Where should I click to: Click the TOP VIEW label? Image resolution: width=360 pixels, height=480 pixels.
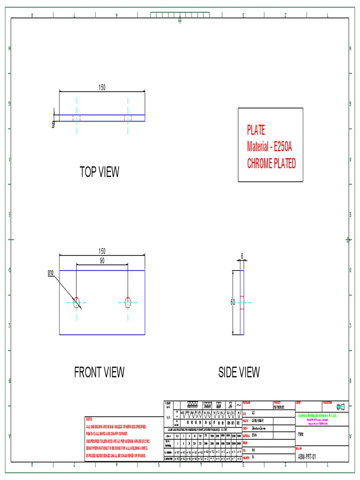(x=99, y=172)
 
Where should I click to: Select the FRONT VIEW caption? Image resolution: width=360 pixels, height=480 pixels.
(x=99, y=373)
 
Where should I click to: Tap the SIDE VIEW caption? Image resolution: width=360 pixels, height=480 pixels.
(x=239, y=373)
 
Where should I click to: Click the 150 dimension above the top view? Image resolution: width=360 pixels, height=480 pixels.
(x=102, y=87)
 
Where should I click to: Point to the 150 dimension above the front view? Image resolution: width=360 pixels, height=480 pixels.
(x=102, y=251)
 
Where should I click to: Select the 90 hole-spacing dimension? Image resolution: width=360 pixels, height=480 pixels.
(x=102, y=261)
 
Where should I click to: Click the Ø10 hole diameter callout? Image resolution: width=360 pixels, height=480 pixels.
(x=51, y=273)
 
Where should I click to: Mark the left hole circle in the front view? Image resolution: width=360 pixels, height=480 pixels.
(x=76, y=303)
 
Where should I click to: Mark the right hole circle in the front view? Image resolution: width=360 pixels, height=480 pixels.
(x=127, y=303)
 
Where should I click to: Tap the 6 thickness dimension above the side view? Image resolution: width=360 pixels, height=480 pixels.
(x=242, y=256)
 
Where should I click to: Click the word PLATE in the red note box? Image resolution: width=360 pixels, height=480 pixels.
(x=256, y=130)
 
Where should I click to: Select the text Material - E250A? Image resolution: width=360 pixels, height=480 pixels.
(x=270, y=147)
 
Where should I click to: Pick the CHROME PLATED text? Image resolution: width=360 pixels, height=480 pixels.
(x=271, y=164)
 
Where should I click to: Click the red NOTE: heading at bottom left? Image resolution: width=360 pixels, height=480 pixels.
(x=90, y=419)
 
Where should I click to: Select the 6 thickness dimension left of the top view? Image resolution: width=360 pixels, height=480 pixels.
(x=53, y=124)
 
